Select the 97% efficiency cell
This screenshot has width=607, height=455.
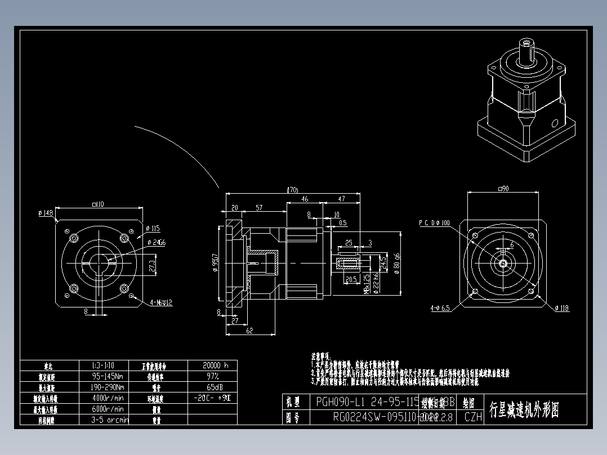click(213, 376)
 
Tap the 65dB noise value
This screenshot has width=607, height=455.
click(213, 387)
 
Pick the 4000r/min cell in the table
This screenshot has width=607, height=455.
click(108, 398)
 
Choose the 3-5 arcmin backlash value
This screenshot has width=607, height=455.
click(109, 420)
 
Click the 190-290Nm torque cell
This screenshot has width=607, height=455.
click(108, 387)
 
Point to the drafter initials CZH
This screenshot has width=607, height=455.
click(473, 417)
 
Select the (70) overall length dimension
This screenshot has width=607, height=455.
click(292, 190)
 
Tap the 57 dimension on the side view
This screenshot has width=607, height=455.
click(259, 208)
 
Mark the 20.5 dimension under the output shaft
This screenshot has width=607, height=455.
click(351, 279)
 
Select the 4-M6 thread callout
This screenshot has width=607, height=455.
click(161, 302)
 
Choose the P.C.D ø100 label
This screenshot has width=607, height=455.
click(434, 223)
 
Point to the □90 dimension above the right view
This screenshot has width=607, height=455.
click(503, 189)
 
